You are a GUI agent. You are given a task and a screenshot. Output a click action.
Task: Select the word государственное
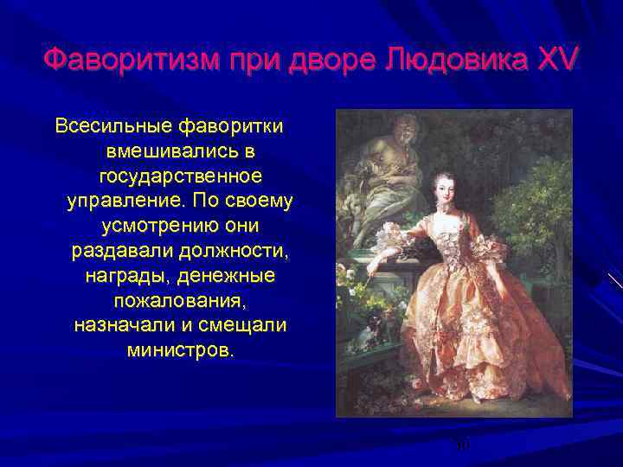180,176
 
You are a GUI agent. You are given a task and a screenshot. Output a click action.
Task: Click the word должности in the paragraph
239,252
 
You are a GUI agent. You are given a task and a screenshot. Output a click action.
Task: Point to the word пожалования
180,302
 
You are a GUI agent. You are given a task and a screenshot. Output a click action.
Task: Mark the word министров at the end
180,352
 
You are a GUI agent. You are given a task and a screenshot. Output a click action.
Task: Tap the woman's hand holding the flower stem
372,268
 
